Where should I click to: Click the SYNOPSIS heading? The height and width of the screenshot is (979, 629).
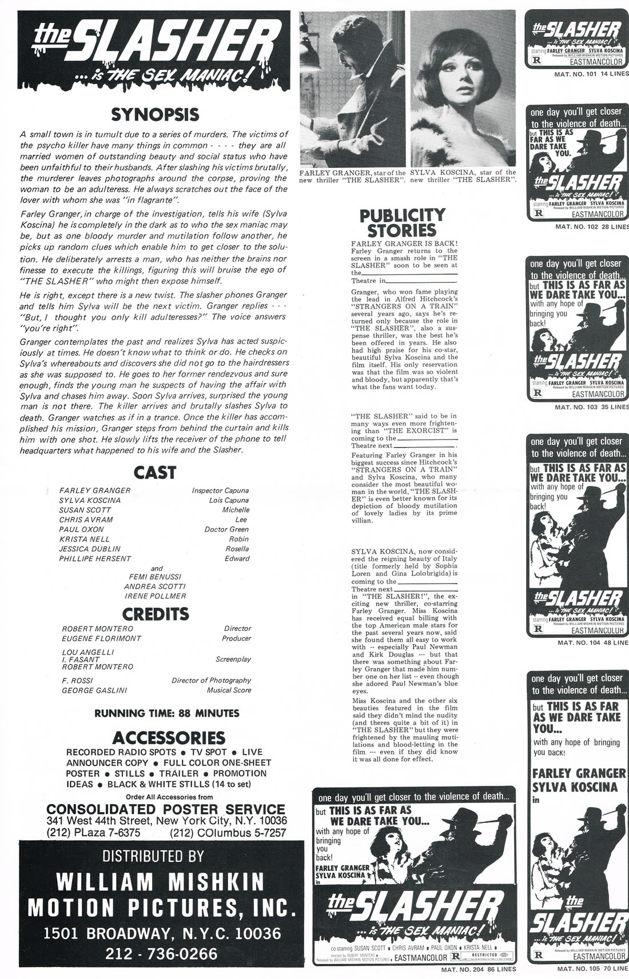[x=154, y=114]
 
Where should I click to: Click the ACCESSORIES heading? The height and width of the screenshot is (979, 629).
[x=169, y=737]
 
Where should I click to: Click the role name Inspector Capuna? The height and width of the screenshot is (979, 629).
[x=220, y=490]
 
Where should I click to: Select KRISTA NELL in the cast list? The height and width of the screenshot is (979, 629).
[x=84, y=539]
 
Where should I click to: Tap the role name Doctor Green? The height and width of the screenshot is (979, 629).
[x=226, y=529]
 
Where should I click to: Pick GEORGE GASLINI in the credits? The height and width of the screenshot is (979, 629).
[x=94, y=690]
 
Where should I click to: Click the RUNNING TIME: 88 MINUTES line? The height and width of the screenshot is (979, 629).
[x=166, y=713]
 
